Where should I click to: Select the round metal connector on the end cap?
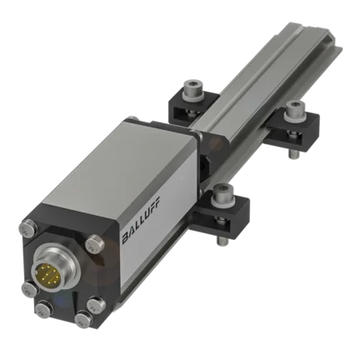coord(55,270)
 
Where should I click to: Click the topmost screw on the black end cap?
coord(28,228)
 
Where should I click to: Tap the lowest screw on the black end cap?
coord(83,320)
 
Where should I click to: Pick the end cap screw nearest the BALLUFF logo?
coord(94,243)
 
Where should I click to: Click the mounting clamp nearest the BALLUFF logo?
coord(222,212)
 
